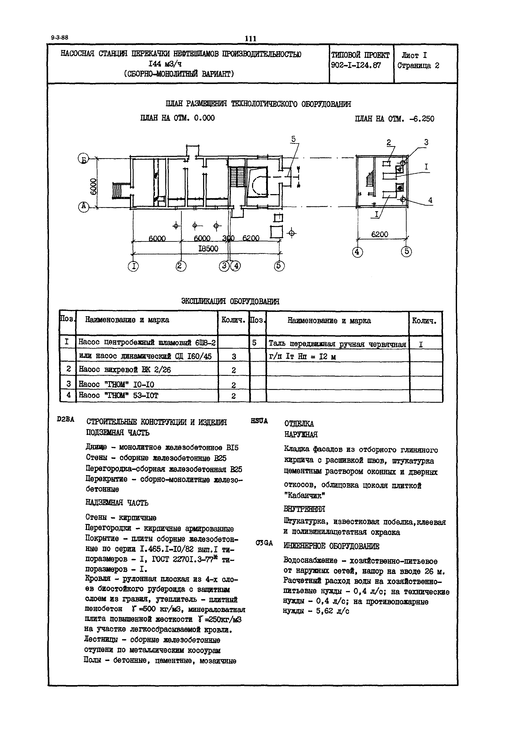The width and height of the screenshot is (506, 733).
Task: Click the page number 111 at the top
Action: [251, 39]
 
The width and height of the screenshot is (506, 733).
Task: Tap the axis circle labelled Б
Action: [83, 159]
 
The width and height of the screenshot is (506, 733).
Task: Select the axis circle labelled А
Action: [83, 207]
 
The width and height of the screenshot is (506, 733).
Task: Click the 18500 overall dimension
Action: [208, 249]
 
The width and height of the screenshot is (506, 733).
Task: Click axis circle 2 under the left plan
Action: [181, 266]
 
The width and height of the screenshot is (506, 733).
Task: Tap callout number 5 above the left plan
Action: [293, 139]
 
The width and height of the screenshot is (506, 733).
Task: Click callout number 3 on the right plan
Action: [426, 143]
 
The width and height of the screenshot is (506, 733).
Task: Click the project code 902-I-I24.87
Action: [356, 66]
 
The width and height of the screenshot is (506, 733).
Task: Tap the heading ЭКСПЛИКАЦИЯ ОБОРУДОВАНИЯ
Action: [230, 301]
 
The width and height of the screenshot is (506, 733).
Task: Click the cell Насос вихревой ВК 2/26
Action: [125, 370]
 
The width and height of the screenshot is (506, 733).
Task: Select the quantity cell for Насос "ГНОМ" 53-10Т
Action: [234, 396]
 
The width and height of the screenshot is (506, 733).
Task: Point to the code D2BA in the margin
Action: [66, 419]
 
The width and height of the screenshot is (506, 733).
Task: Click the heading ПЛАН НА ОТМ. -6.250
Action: [394, 119]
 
